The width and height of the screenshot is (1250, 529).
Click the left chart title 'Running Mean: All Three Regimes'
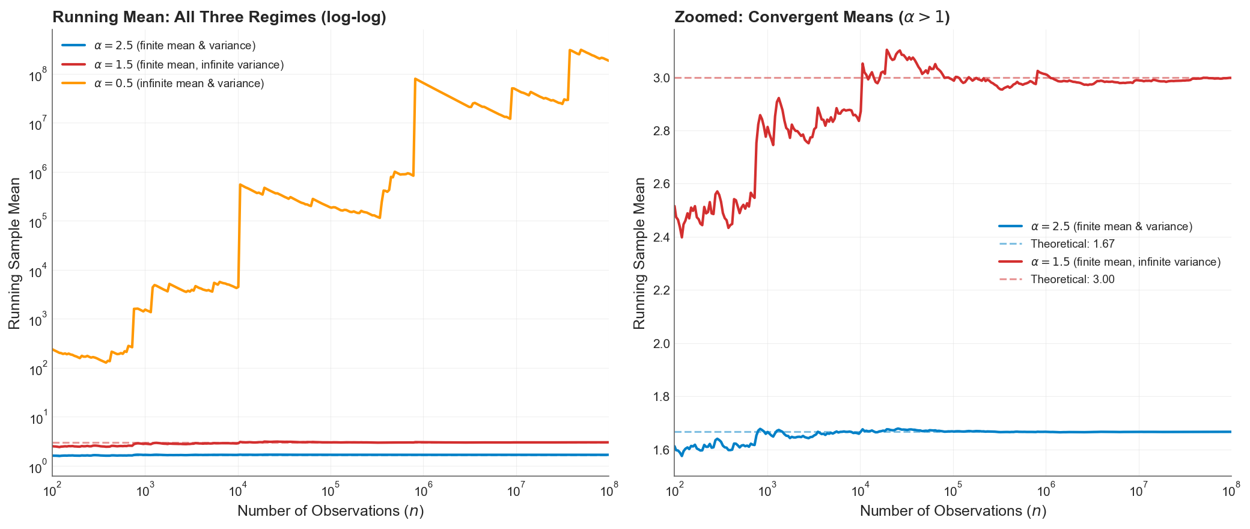click(x=219, y=17)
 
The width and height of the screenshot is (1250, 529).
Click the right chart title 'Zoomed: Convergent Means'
click(x=811, y=17)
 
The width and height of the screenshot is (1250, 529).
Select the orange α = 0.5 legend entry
click(x=179, y=84)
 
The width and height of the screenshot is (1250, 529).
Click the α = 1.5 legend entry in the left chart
click(x=189, y=64)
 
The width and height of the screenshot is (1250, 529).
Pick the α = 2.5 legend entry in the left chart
click(x=175, y=46)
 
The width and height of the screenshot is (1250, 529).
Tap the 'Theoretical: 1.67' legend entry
click(x=1072, y=244)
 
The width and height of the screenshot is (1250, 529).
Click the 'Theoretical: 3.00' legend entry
click(x=1072, y=280)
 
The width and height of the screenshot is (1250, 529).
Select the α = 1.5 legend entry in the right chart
click(x=1125, y=262)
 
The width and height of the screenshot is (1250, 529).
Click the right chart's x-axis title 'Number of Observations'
click(x=953, y=511)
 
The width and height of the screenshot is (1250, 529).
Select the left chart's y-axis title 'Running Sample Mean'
click(x=15, y=253)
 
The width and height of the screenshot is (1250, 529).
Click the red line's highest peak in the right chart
click(x=887, y=50)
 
